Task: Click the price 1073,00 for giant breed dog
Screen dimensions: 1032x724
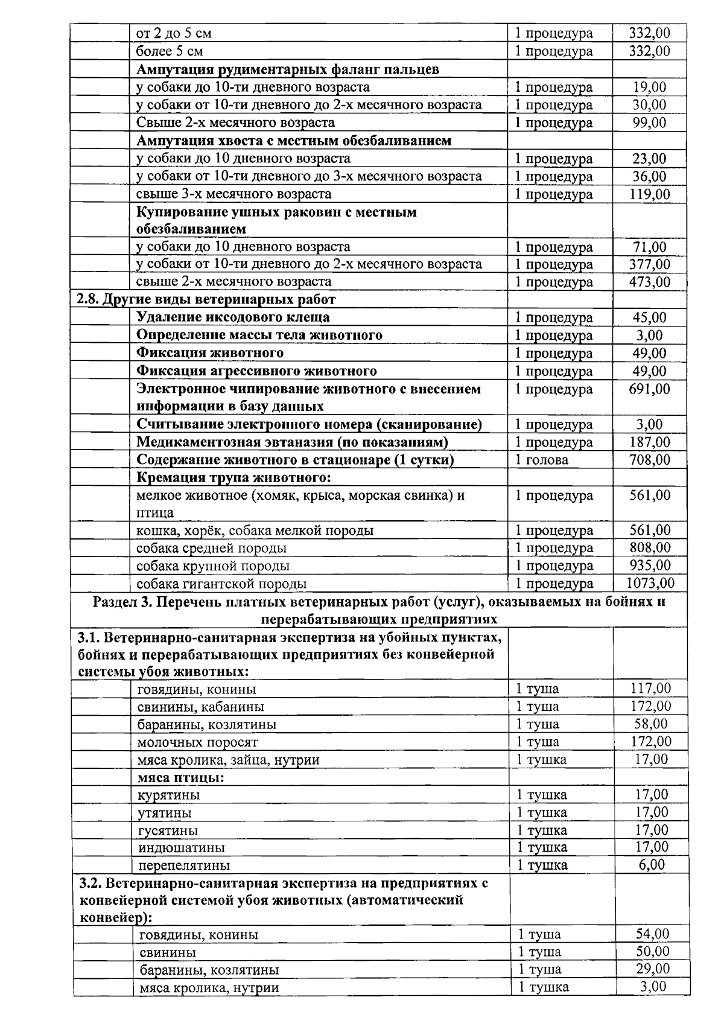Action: (x=650, y=583)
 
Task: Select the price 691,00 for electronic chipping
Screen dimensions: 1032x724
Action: (x=649, y=389)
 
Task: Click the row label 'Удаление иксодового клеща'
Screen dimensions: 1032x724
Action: (x=233, y=317)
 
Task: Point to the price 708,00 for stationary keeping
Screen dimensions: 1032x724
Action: (x=649, y=460)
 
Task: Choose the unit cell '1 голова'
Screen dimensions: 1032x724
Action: (x=542, y=460)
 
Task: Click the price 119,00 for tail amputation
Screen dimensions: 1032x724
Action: (x=649, y=194)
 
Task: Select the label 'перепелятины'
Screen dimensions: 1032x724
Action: (x=184, y=865)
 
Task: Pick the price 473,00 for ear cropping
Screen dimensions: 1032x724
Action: (x=649, y=282)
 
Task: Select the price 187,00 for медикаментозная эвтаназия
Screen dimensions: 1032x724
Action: (x=649, y=442)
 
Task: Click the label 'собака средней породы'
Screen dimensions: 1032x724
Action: (x=211, y=548)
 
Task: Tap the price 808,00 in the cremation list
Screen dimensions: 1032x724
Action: (x=649, y=548)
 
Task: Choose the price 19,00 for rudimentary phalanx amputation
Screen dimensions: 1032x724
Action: (x=649, y=88)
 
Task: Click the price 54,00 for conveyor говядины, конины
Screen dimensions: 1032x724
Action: (x=652, y=934)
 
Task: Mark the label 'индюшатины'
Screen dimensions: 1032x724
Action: (x=182, y=848)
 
